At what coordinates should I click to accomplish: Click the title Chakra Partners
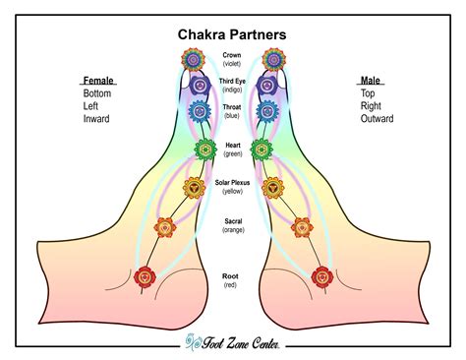tap(232, 34)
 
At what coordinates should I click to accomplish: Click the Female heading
tap(99, 80)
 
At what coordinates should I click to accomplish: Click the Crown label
tap(232, 55)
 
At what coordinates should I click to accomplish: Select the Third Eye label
tap(232, 82)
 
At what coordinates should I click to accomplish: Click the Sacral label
tap(232, 223)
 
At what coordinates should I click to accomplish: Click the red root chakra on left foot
tap(146, 276)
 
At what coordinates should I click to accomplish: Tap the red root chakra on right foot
tap(319, 276)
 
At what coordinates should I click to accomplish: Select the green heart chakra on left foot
tap(204, 150)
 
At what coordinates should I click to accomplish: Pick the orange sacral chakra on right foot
tap(301, 228)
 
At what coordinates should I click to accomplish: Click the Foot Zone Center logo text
tap(236, 343)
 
